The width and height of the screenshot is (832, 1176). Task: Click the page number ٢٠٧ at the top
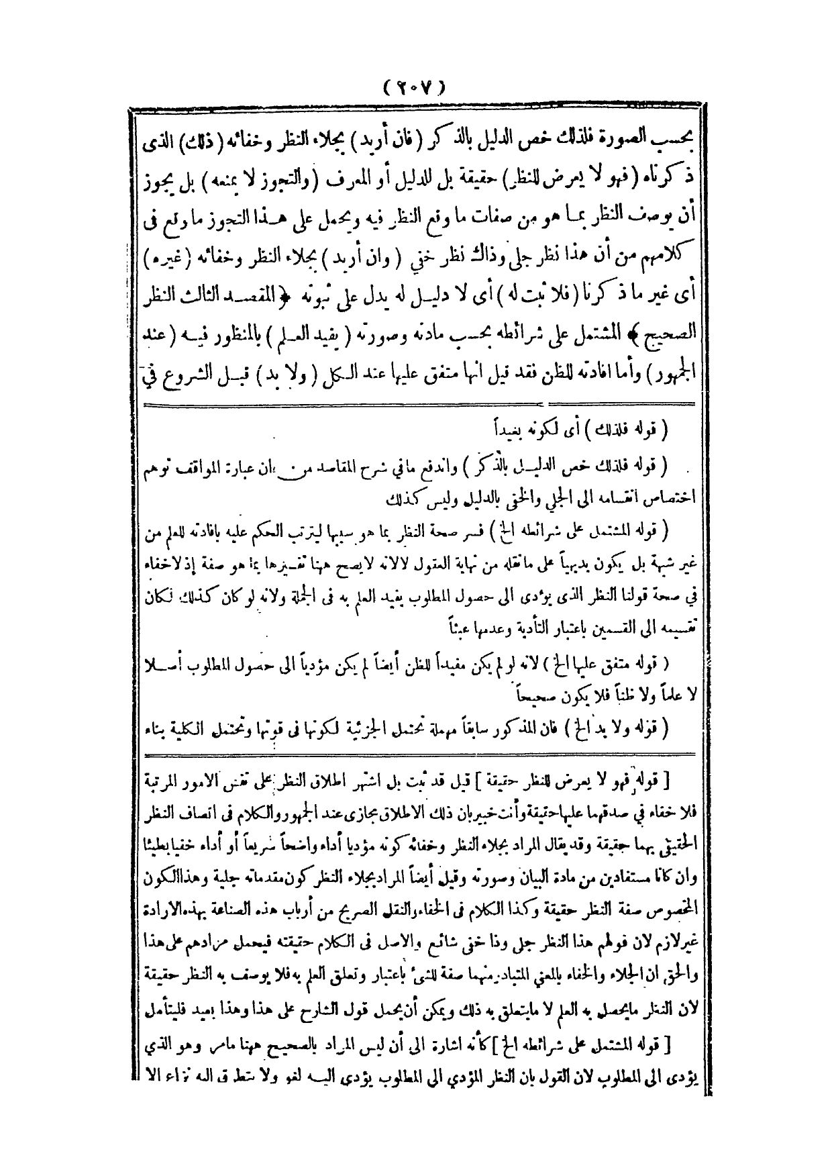(x=415, y=87)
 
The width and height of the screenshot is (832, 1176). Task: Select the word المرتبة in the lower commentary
(x=160, y=781)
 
